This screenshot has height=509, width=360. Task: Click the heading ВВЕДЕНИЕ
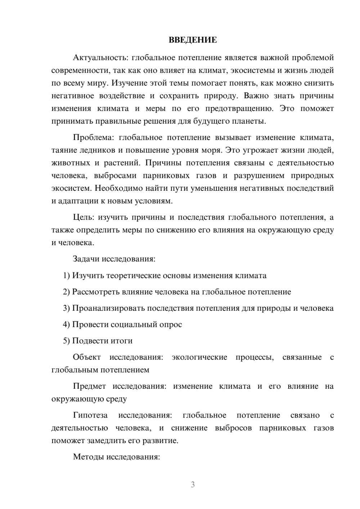(193, 40)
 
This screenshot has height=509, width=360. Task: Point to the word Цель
(84, 217)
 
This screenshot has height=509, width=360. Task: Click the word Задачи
(86, 259)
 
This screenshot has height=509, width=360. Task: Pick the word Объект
(87, 357)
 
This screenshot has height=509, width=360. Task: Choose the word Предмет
(89, 386)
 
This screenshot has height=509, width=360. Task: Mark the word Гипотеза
(90, 415)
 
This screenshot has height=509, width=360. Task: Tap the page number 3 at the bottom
(193, 485)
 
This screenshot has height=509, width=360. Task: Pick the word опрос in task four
(170, 324)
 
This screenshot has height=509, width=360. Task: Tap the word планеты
(251, 121)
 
